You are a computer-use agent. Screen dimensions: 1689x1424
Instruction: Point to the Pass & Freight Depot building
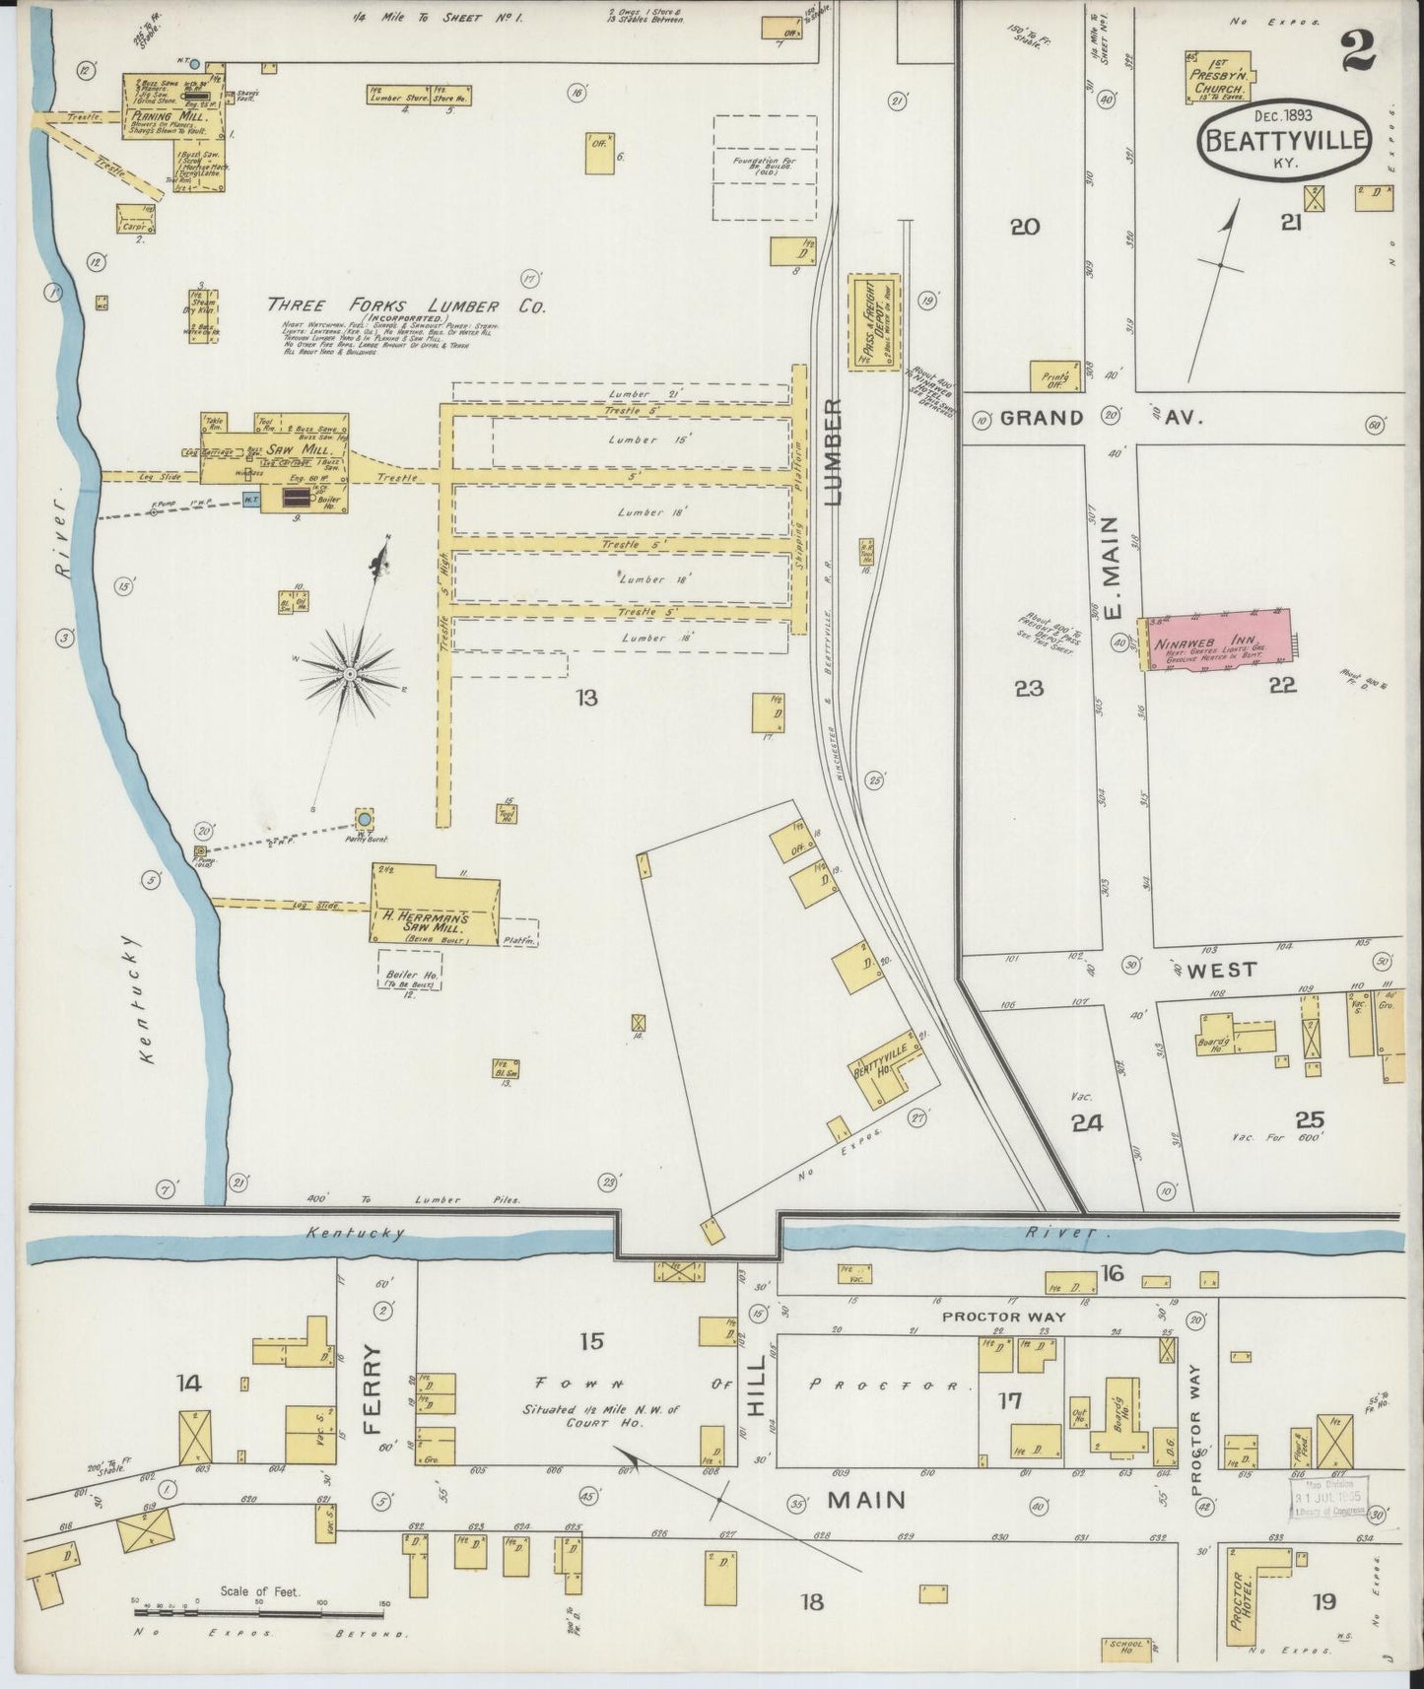[x=874, y=321]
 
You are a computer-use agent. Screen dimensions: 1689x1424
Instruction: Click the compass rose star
[x=349, y=672]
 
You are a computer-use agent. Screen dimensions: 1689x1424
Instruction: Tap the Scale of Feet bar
[x=258, y=1612]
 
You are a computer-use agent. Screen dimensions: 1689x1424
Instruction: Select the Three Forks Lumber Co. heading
[x=406, y=306]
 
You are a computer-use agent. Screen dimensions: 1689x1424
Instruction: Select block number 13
[x=587, y=699]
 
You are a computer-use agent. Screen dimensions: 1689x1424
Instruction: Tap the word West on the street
[x=1221, y=970]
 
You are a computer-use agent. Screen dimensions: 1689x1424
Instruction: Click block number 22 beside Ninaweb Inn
[x=1282, y=687]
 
